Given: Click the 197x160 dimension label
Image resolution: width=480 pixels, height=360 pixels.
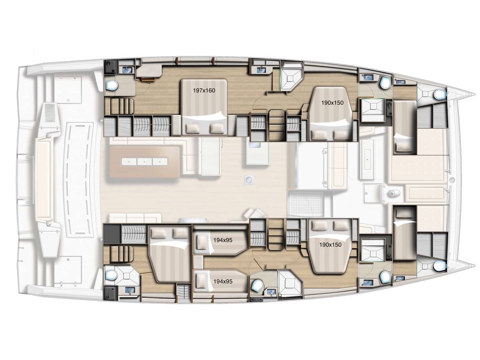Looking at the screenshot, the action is tap(204, 90).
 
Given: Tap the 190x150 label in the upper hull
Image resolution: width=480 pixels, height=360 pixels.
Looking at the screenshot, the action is tap(332, 102).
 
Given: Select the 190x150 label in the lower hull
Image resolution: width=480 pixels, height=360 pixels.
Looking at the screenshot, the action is tap(330, 244).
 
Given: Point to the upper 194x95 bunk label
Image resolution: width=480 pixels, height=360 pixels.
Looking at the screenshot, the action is tap(223, 240).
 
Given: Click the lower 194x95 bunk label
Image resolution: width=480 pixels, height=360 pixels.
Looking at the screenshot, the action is tap(223, 281).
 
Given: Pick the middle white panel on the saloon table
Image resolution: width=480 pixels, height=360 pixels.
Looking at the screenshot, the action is tap(144, 162).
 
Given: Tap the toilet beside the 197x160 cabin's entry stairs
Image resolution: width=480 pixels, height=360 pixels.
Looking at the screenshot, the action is tap(112, 85).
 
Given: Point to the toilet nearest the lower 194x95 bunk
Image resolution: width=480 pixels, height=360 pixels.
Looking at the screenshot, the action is tap(257, 286).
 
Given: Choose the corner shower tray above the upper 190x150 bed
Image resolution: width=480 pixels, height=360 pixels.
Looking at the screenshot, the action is tap(292, 79).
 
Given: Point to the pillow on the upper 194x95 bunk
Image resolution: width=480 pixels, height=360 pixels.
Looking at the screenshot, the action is tap(201, 242).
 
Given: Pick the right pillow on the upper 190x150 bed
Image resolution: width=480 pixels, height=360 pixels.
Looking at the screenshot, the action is tap(341, 135).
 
